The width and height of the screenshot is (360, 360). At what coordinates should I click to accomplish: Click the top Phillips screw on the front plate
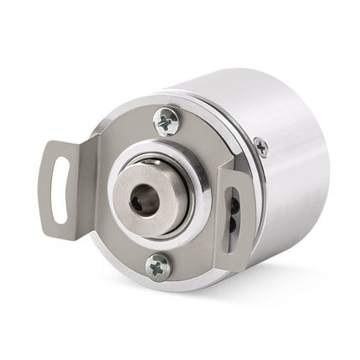click(x=166, y=122)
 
